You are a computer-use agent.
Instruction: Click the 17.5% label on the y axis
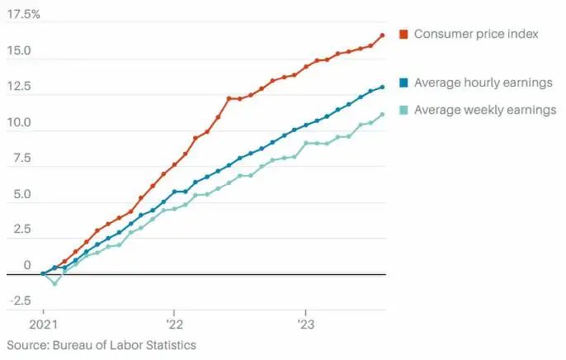(x=22, y=15)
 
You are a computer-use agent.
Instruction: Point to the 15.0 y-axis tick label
(x=21, y=51)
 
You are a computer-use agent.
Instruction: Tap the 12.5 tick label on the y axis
(x=21, y=87)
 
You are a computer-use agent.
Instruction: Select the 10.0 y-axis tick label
(x=21, y=123)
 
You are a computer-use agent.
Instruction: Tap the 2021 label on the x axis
(x=43, y=324)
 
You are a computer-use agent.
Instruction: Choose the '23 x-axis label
(x=306, y=324)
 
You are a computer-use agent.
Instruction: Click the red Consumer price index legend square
(x=403, y=34)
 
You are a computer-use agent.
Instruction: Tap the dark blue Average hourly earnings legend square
(x=403, y=83)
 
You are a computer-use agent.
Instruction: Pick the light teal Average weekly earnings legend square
(x=403, y=110)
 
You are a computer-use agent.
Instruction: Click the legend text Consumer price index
(x=476, y=34)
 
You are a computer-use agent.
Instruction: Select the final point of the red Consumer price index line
(x=383, y=36)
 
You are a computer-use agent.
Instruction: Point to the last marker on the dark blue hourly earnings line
(x=383, y=87)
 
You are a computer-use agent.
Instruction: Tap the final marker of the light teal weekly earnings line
(x=383, y=115)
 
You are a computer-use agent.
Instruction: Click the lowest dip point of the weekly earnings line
(x=54, y=283)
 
